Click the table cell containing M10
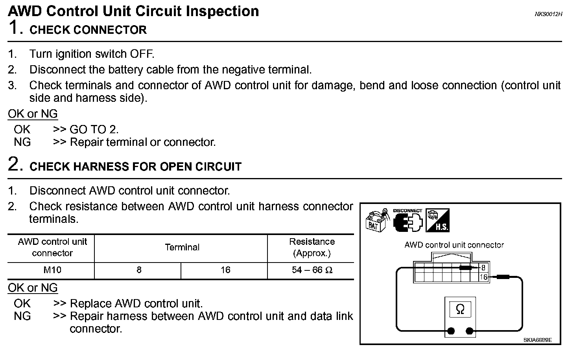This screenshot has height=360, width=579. pos(52,270)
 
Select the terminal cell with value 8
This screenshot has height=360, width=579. pos(139,270)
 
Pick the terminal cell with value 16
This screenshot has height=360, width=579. pos(225,270)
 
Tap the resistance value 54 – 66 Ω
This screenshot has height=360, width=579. pos(312,270)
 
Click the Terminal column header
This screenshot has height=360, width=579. pos(182,248)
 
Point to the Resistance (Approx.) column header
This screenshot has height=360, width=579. pos(312,248)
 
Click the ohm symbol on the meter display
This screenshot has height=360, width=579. pos(460,310)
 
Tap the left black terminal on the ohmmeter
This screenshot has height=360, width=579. pos(451,331)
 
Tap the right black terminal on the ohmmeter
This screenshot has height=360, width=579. pos(469,331)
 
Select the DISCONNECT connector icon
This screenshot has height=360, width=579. pos(407,221)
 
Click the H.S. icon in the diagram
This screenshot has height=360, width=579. pos(437,220)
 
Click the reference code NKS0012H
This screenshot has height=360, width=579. pos(548,14)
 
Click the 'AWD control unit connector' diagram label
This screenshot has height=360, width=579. pos(454,245)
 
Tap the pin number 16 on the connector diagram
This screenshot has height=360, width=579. pos(483,277)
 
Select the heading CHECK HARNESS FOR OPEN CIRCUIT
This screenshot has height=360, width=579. pos(135,167)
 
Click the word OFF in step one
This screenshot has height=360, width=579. pos(143,54)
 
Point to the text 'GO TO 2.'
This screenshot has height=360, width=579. pos(94,129)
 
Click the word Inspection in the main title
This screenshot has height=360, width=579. pos(222,11)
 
